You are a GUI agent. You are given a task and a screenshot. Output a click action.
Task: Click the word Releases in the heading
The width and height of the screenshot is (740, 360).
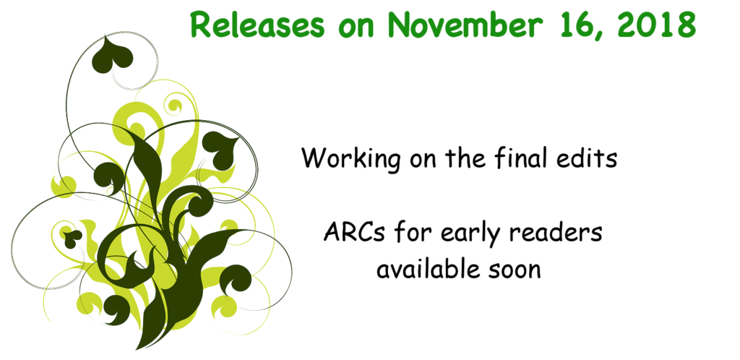[x=258, y=25]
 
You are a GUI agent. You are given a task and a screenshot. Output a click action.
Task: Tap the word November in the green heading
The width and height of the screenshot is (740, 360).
[x=462, y=25]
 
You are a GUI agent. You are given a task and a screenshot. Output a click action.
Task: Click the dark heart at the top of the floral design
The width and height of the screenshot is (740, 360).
[x=112, y=56]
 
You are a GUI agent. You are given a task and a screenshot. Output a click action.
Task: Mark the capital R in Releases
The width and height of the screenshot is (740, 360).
[x=200, y=25]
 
